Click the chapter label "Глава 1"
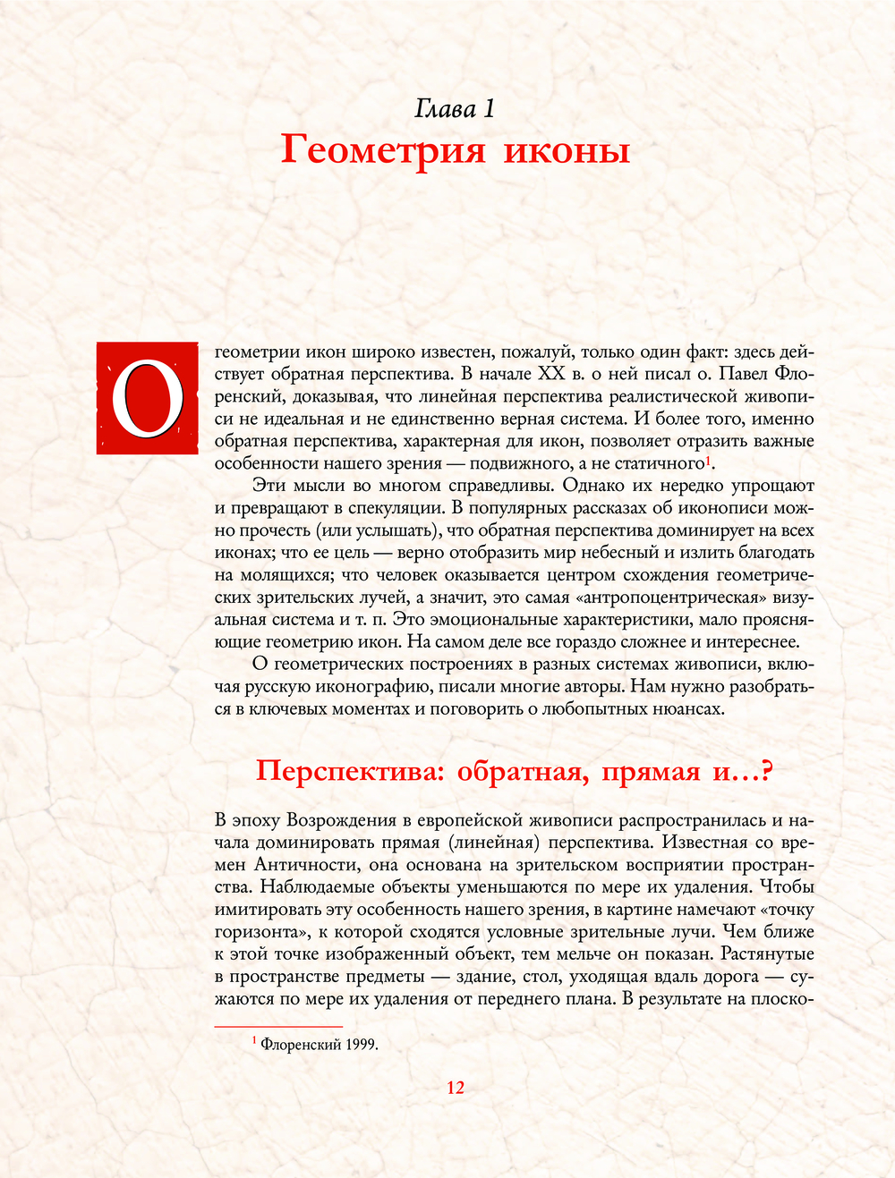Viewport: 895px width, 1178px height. pyautogui.click(x=455, y=109)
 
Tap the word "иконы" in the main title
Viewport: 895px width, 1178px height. pyautogui.click(x=567, y=150)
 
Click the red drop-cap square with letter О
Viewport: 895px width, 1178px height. pyautogui.click(x=148, y=398)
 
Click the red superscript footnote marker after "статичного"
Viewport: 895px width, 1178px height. pyautogui.click(x=708, y=460)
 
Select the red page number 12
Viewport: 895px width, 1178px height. pyautogui.click(x=456, y=1088)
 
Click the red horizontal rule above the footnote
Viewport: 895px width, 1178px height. pyautogui.click(x=279, y=1027)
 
